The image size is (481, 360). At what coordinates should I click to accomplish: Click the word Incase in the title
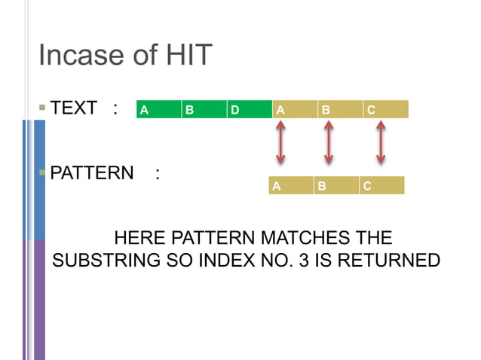tap(81, 55)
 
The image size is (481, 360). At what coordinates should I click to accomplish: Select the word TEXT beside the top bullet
tap(73, 108)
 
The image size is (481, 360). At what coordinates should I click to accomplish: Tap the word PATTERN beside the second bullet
tap(91, 173)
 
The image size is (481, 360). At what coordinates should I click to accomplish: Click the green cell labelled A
tap(158, 110)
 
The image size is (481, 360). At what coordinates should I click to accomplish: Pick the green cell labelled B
tap(204, 110)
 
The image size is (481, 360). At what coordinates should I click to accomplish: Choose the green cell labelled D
tap(249, 110)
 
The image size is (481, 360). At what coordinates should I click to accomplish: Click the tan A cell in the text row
tap(295, 110)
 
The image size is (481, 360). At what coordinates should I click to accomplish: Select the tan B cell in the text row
tap(340, 110)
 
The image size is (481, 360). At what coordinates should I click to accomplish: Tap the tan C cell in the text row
tap(385, 110)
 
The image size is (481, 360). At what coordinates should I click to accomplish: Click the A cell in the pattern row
tap(291, 185)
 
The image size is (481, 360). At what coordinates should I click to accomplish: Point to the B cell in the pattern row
tap(336, 185)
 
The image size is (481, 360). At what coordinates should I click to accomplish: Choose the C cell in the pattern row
tap(381, 185)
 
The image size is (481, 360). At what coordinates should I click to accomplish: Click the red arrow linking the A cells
tap(280, 143)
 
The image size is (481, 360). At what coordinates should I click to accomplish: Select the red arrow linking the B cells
tap(328, 143)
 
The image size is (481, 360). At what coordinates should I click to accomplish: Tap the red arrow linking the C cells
tap(381, 143)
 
